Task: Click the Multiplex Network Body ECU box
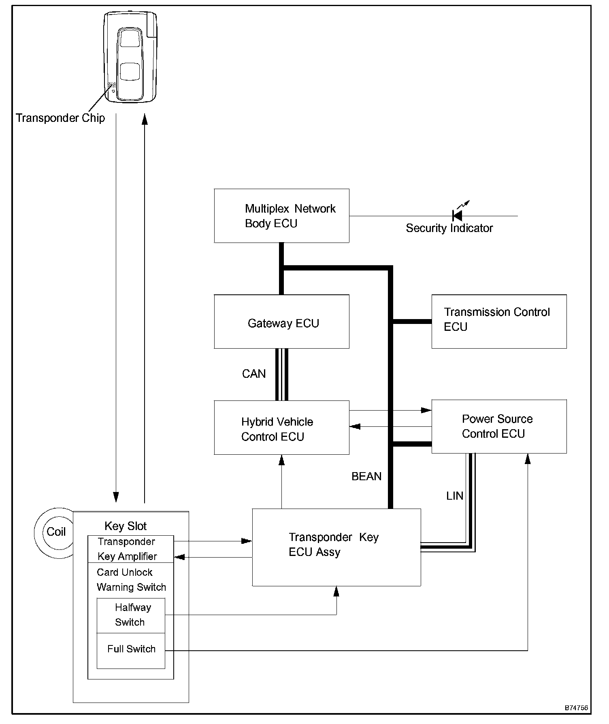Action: (x=281, y=216)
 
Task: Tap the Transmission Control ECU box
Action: (x=499, y=322)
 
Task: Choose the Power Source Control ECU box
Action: (x=499, y=426)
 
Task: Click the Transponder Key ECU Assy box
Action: (x=336, y=547)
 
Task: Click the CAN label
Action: (x=254, y=373)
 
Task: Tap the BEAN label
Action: (x=366, y=477)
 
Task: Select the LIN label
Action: (x=455, y=496)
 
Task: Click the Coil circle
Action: (x=55, y=532)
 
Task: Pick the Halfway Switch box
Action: (x=131, y=615)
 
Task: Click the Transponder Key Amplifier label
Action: (x=127, y=549)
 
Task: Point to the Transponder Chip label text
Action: (x=60, y=118)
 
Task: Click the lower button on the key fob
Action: (x=130, y=72)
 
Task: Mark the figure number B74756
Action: (x=576, y=708)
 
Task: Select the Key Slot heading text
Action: (x=126, y=526)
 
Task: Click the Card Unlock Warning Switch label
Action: (x=131, y=580)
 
